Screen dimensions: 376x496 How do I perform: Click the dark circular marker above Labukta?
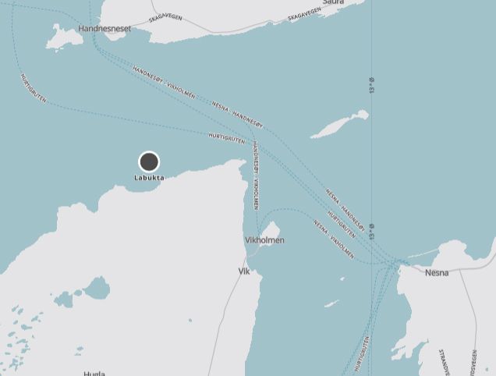[149, 161]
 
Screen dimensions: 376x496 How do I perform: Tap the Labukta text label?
[149, 178]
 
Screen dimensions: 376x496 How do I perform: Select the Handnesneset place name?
[105, 29]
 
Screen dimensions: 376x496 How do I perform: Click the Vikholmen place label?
[264, 240]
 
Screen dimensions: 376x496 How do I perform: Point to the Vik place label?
[243, 271]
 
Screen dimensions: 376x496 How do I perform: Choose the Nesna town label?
[437, 273]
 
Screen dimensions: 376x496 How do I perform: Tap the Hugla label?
[94, 374]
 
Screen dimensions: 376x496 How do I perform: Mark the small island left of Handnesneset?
[59, 35]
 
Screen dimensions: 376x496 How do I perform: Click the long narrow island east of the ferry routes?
[339, 124]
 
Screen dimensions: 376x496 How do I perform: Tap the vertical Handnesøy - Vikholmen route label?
[255, 176]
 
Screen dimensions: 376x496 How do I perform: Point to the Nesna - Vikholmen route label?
[334, 239]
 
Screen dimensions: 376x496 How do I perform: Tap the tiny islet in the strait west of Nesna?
[331, 303]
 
